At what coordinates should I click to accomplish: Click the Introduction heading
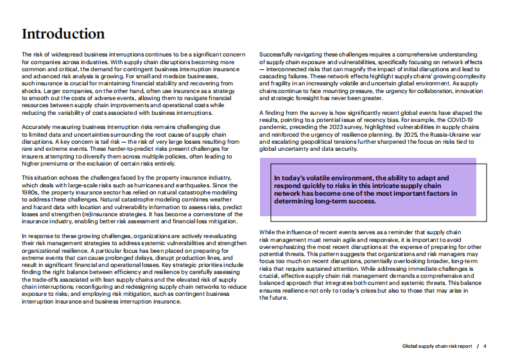point(63,34)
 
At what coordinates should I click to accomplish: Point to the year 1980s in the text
point(30,192)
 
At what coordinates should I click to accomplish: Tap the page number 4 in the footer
point(485,346)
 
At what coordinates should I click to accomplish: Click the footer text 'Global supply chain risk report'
point(437,346)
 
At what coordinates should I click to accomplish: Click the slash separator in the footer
point(478,346)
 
